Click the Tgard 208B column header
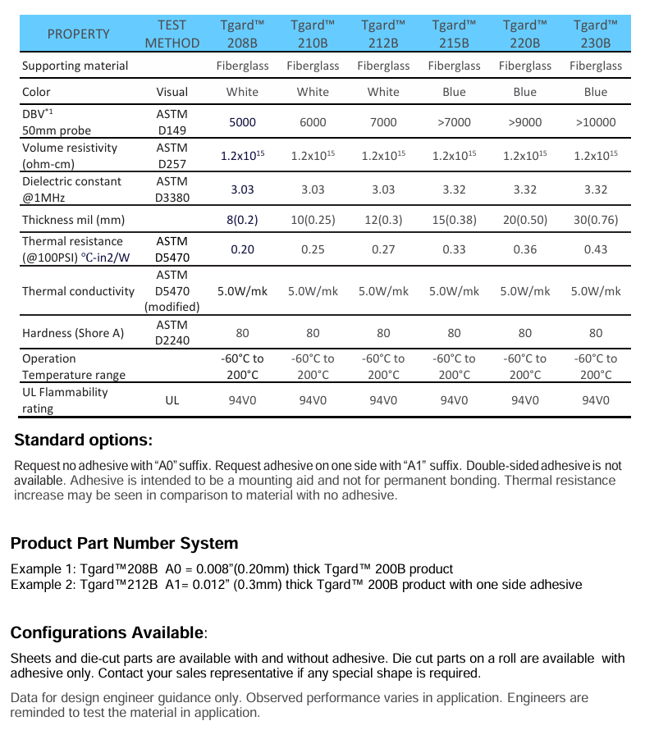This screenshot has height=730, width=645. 242,34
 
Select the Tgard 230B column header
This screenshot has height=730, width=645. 595,34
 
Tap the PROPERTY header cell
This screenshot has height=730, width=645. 78,34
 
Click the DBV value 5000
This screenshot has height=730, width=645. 242,122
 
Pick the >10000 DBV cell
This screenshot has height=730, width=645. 595,122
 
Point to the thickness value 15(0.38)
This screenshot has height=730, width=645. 454,220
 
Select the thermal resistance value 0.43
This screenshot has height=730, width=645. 595,249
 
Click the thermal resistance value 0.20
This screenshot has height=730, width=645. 242,249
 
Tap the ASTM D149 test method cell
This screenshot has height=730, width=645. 172,122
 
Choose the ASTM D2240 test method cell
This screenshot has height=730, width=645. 172,333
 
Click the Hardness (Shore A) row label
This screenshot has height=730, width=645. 72,333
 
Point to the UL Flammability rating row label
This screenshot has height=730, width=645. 65,400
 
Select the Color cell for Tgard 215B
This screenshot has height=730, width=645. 454,92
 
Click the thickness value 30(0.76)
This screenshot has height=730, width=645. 595,220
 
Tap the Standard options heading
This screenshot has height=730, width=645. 83,440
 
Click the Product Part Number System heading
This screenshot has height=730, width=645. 124,543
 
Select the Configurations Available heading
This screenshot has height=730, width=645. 108,632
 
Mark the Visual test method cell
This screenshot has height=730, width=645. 172,92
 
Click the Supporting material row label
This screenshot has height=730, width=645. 75,66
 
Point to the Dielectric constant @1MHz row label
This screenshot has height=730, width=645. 71,189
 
